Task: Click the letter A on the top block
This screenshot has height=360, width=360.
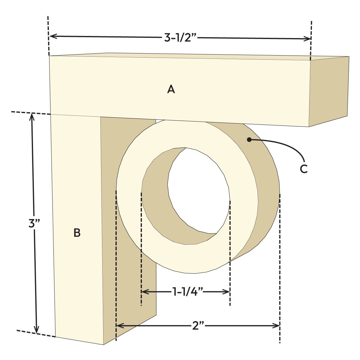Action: coord(171,89)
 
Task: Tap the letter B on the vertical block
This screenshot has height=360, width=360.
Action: coord(77,233)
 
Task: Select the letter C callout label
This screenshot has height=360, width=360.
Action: coord(304,169)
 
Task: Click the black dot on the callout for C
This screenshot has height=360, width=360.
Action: coord(249,139)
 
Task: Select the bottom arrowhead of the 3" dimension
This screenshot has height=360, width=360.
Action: coord(37,330)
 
